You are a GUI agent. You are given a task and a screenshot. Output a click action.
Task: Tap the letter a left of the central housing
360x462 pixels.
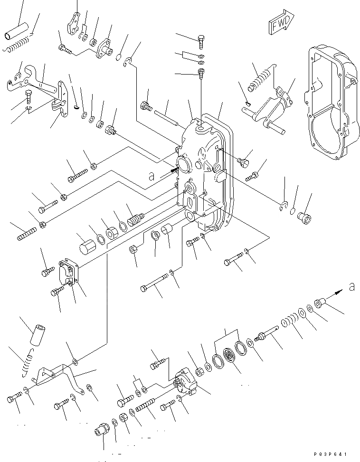pyautogui.click(x=152, y=177)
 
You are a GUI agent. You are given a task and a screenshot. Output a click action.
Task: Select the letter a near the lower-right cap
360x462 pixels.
pyautogui.click(x=351, y=286)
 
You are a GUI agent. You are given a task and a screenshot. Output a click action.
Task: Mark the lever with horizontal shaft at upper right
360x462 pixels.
pyautogui.click(x=267, y=112)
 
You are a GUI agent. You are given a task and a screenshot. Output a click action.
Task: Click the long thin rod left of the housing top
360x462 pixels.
pyautogui.click(x=166, y=114)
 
